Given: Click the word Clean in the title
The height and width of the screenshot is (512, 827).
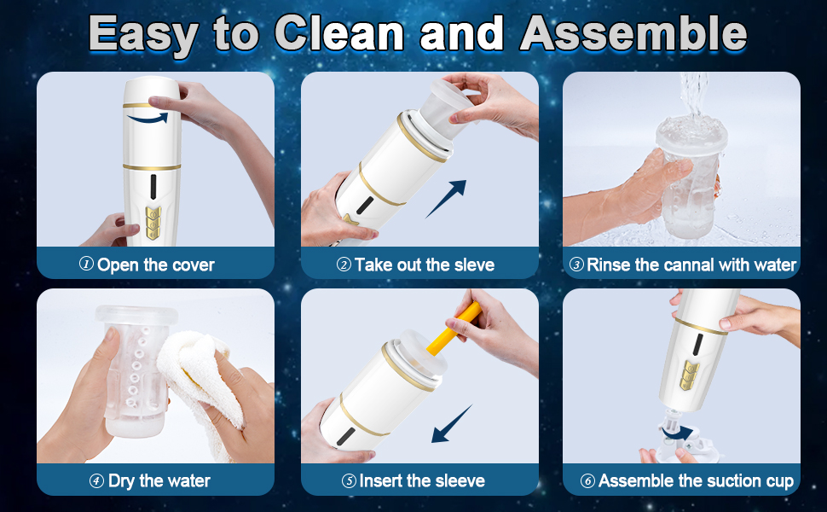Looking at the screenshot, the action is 339,33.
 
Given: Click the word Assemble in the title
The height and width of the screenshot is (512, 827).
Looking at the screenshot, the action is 633,33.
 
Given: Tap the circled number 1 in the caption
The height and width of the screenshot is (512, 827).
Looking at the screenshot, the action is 86,264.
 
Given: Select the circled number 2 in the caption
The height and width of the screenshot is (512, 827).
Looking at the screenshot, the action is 344,265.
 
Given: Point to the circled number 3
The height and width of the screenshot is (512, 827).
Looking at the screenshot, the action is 577,265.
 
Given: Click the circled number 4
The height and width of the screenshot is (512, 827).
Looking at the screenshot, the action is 96,481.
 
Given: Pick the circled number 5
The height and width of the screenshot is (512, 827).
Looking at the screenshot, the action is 349,481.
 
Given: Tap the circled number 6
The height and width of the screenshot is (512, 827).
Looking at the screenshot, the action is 587,481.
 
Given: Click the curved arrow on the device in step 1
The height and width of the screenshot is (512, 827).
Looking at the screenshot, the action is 148,119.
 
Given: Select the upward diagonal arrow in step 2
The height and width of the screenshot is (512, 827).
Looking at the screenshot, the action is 446,199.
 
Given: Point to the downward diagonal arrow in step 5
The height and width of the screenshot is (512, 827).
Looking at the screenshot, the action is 452,424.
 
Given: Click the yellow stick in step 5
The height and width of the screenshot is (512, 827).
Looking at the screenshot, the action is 454,328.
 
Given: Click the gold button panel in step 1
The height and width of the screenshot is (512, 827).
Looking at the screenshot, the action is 153,223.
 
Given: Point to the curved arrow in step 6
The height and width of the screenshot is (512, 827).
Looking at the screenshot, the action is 677,433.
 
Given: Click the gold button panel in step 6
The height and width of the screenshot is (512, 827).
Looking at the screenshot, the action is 689,375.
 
